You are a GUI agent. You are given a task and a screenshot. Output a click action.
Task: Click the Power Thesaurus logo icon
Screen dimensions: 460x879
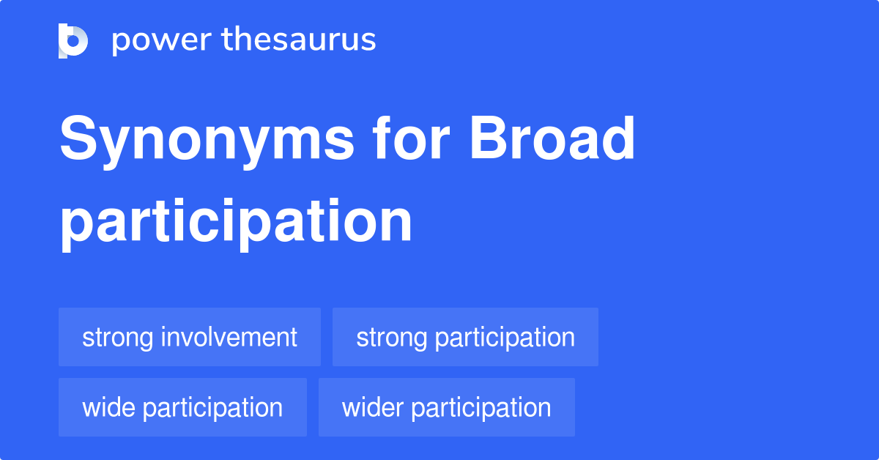(73, 40)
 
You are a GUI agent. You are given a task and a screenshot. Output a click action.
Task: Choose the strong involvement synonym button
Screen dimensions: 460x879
(190, 338)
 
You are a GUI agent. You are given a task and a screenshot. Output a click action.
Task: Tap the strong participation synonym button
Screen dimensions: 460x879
(465, 338)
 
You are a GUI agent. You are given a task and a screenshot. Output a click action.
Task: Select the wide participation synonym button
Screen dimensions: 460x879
(182, 408)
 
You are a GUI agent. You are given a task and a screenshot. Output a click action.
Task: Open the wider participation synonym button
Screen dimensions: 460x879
(446, 408)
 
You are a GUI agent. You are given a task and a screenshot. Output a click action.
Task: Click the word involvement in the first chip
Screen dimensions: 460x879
(229, 338)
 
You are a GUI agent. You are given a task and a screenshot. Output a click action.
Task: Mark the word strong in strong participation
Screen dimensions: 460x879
(391, 338)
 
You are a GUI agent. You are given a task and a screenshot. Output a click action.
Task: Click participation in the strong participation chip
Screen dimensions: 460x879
(505, 338)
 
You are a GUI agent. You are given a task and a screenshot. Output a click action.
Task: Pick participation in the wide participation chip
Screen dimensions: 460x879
(212, 408)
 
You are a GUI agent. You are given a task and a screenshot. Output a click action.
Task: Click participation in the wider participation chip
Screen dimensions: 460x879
(481, 408)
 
